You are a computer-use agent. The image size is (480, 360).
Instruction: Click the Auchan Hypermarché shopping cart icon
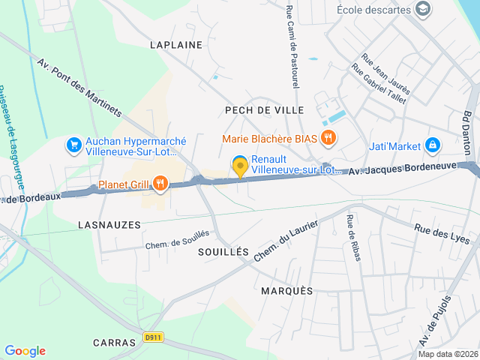(73, 144)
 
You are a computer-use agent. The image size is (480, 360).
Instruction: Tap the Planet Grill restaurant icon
(160, 183)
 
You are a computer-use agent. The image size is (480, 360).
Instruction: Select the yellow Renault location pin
(240, 166)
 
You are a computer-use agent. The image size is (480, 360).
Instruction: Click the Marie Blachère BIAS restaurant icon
(328, 138)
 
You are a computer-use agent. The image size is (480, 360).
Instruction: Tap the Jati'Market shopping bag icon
(432, 144)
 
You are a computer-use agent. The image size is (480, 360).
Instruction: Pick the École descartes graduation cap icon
(423, 9)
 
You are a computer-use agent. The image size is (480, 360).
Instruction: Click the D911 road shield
(154, 337)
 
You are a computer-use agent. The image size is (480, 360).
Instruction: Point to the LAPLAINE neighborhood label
(176, 45)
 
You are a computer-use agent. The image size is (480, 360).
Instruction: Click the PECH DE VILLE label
(265, 110)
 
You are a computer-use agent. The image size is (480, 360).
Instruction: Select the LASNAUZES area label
(109, 224)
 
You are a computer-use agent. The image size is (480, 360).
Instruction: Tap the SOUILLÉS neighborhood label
(223, 253)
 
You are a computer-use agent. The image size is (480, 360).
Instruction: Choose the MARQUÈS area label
(287, 290)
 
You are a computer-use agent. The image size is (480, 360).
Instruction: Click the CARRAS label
(114, 342)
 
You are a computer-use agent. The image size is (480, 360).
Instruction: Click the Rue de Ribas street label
(352, 238)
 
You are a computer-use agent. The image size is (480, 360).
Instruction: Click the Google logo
(25, 351)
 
